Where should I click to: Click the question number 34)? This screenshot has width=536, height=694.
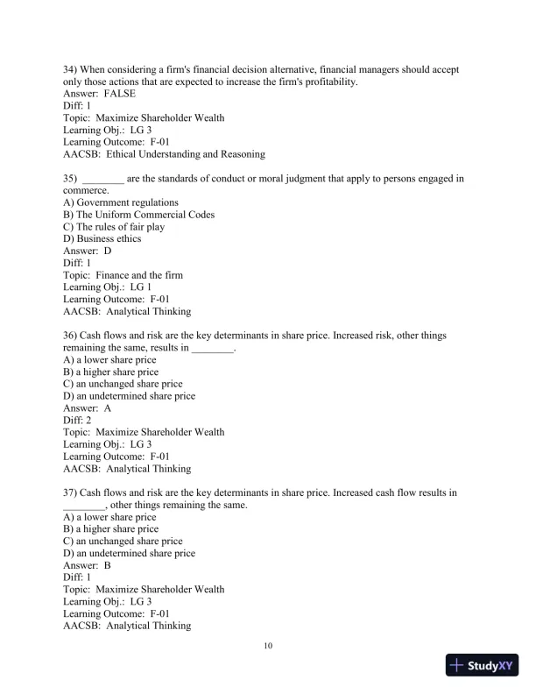71,69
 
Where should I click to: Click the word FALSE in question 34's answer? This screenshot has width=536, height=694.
119,94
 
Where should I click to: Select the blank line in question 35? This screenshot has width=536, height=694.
102,179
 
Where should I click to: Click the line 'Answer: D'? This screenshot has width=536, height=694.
88,251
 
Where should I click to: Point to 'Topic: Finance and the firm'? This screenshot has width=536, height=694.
123,275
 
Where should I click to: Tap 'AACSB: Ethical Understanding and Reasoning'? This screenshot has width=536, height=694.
164,154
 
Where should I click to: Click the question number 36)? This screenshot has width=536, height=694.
71,336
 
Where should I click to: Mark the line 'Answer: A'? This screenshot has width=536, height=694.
88,408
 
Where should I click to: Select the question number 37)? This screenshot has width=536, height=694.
71,493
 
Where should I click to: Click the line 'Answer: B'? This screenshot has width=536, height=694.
88,565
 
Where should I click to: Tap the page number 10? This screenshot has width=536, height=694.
268,647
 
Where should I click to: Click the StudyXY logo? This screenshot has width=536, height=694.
483,665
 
